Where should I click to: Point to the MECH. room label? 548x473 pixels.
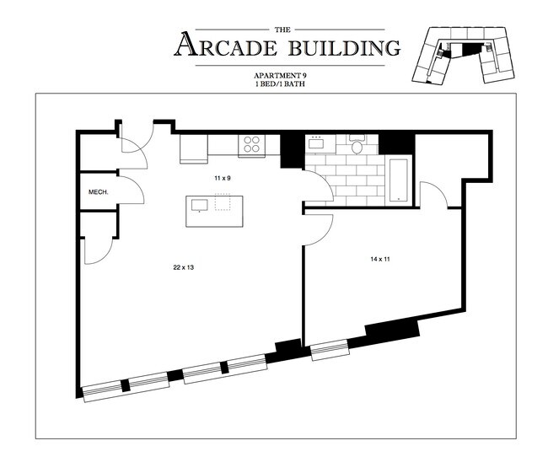pyautogui.click(x=99, y=192)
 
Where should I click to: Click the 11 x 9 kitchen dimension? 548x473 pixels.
pyautogui.click(x=222, y=180)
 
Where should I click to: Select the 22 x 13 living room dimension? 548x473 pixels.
pyautogui.click(x=184, y=267)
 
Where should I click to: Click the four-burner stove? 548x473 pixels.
pyautogui.click(x=251, y=144)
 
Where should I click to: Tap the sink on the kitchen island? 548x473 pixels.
pyautogui.click(x=201, y=205)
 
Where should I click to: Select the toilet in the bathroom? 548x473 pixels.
pyautogui.click(x=357, y=148)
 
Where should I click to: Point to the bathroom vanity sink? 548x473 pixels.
pyautogui.click(x=317, y=144)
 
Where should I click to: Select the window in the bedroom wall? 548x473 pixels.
pyautogui.click(x=328, y=350)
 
